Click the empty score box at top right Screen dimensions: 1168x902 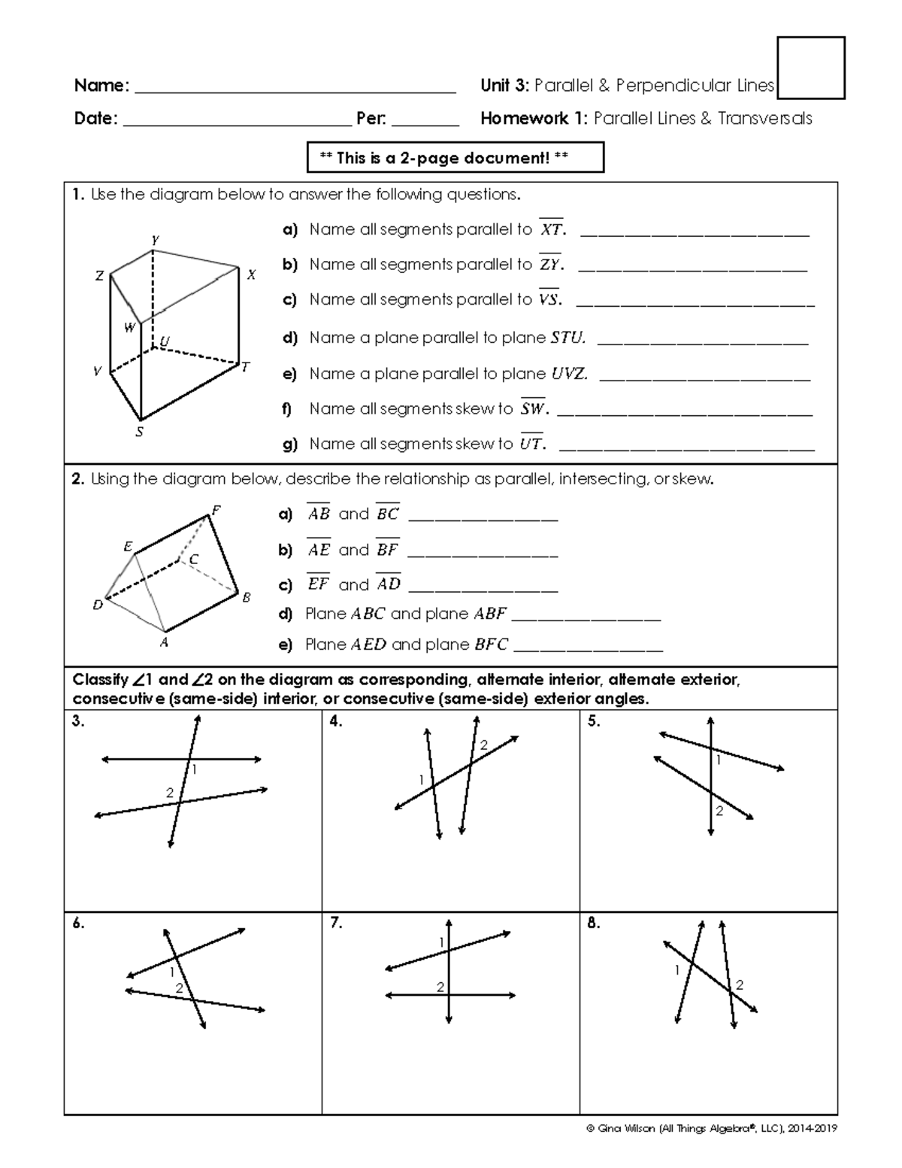(811, 68)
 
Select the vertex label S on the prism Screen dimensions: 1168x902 (139, 432)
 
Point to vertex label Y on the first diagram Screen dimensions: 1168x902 (154, 240)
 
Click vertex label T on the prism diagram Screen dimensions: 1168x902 (245, 368)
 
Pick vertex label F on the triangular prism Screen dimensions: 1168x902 (216, 510)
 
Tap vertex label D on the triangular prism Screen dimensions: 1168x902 (97, 604)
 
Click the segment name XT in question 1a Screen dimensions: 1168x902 (551, 229)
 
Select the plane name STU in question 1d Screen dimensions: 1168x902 (568, 338)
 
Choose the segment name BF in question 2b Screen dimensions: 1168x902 (387, 550)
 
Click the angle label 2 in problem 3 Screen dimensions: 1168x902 (170, 793)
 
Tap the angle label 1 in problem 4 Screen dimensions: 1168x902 (422, 779)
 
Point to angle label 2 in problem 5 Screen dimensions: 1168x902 (719, 810)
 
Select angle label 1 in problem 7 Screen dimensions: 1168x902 (442, 942)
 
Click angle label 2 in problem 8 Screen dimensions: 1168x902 (740, 984)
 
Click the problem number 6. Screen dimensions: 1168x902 (78, 924)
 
